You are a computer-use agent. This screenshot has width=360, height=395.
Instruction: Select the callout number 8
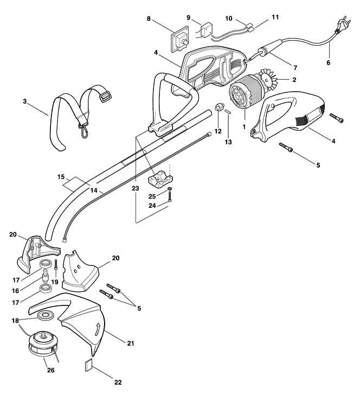148,19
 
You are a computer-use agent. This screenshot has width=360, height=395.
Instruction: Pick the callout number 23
135,188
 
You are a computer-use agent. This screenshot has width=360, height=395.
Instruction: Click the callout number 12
218,131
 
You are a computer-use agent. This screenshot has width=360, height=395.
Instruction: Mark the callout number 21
130,343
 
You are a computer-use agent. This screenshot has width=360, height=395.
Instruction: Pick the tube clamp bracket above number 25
161,180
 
